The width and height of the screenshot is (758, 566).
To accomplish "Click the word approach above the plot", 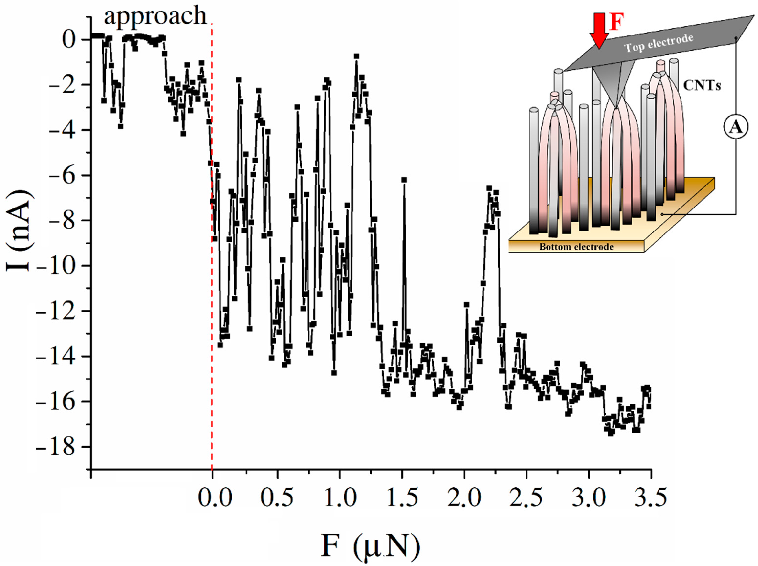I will tap(156, 16).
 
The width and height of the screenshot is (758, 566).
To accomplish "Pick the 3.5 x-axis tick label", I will tap(650, 498).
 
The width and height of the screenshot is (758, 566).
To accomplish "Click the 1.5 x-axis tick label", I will tap(402, 498).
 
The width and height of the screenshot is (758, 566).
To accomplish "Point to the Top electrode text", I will tap(659, 43).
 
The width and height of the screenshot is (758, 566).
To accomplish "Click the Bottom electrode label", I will tap(576, 247).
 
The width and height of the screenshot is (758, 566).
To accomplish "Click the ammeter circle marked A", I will tap(736, 127).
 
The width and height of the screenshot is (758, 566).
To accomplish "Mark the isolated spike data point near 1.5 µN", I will tap(404, 180).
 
